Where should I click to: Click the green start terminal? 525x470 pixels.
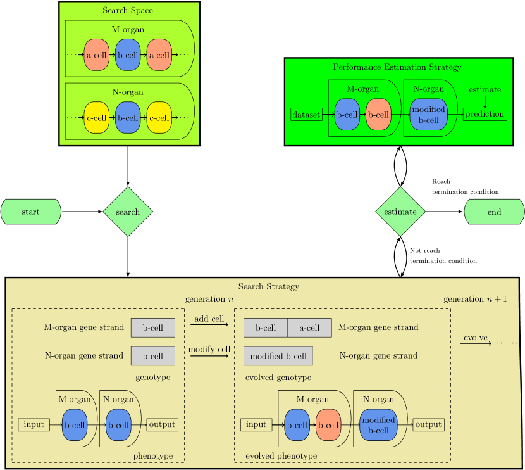30,212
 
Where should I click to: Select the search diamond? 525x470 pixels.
128,212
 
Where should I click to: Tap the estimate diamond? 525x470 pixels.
400,212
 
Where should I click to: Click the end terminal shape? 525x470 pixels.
494,212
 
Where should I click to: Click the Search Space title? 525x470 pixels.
128,10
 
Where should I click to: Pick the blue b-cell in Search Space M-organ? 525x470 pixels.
128,55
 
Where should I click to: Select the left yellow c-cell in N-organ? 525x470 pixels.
97,118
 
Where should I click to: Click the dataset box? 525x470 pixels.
307,115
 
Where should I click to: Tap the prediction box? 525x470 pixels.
485,114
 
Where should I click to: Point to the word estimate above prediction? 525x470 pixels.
485,89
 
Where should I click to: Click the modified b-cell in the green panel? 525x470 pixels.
428,115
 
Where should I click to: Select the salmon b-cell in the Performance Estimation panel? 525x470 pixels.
378,115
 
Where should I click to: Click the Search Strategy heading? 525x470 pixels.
269,286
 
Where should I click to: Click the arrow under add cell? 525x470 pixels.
209,324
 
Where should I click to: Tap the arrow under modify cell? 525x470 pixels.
209,355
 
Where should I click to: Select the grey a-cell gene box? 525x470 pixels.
309,327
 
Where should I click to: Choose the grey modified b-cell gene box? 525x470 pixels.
278,356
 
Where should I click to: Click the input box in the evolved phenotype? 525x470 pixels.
256,424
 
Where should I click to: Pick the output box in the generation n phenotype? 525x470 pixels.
162,424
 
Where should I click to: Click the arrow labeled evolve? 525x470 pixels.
476,343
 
